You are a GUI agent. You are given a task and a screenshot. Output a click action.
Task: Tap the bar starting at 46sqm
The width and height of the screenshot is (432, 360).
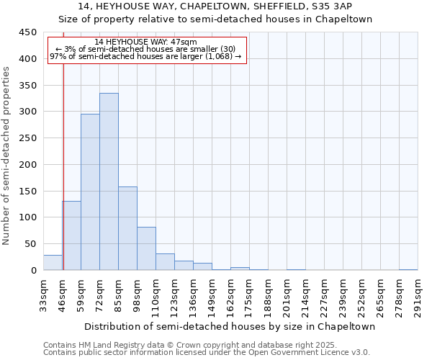(x=71, y=235)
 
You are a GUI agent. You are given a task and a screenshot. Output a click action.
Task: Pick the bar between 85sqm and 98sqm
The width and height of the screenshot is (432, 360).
(x=127, y=228)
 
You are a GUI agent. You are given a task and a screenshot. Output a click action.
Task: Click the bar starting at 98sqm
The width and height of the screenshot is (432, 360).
(x=146, y=248)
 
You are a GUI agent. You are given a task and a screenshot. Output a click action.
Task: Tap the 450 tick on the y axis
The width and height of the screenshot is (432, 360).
(x=27, y=32)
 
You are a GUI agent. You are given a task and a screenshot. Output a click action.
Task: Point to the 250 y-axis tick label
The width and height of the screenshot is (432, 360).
(x=27, y=138)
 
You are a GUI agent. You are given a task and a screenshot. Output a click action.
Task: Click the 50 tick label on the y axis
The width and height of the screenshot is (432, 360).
(x=30, y=244)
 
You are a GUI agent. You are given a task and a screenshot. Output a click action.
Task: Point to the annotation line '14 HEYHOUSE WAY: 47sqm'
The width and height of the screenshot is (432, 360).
(x=145, y=42)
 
